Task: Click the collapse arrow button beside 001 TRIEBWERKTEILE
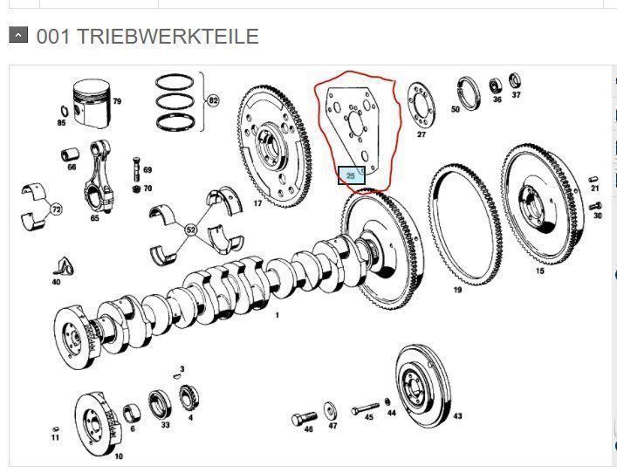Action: coord(18,35)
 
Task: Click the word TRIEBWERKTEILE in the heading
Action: coord(168,36)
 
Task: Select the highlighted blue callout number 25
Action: coord(352,175)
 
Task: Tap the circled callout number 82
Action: coord(213,100)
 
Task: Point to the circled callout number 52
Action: coord(191,230)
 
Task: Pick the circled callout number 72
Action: coord(57,209)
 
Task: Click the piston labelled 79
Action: coord(92,104)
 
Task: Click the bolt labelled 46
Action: coord(304,419)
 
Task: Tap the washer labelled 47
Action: coord(330,411)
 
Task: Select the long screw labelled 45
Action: coord(365,409)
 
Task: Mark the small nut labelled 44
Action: coord(388,401)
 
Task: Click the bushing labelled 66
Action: coord(71,154)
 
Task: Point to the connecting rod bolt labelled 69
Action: coord(136,170)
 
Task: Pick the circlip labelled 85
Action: coord(64,112)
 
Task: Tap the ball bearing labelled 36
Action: coord(496,86)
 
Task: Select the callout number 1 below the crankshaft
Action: coord(277,315)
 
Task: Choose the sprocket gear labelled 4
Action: coord(189,397)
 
